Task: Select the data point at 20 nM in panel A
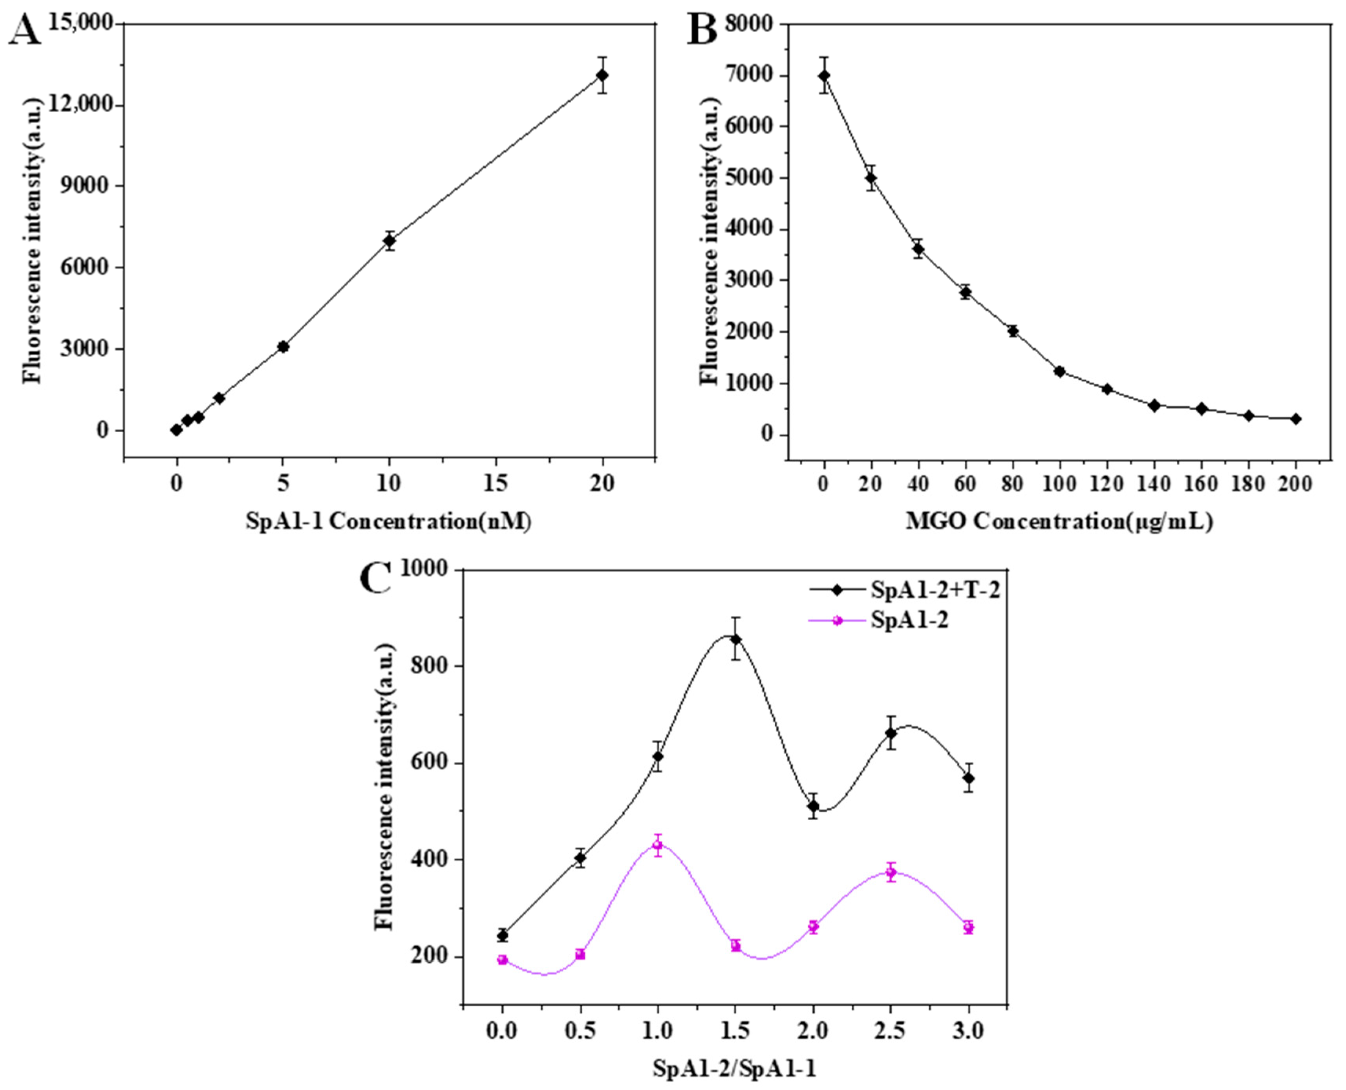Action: [602, 75]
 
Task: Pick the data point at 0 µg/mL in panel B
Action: [824, 75]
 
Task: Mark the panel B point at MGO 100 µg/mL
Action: [1060, 371]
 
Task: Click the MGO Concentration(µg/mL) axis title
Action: [1059, 522]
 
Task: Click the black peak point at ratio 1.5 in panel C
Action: [735, 639]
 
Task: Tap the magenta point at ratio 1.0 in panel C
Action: [657, 845]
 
